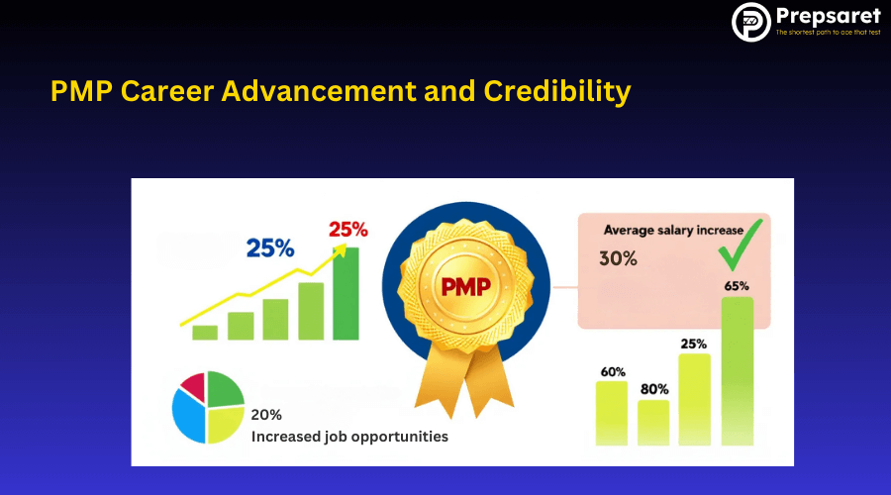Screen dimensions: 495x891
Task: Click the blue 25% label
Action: (270, 248)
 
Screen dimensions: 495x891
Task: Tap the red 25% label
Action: (347, 229)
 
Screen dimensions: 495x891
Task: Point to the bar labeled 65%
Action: (737, 371)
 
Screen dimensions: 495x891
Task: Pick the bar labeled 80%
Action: (653, 423)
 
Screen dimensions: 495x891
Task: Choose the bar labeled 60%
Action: (612, 413)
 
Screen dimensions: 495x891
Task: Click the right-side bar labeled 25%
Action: (694, 399)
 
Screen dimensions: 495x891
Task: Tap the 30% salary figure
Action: (618, 259)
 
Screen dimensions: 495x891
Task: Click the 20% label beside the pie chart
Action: (266, 415)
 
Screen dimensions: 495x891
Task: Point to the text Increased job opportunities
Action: (348, 436)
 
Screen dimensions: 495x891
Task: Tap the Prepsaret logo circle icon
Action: (751, 22)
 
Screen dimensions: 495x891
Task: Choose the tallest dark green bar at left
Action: (346, 294)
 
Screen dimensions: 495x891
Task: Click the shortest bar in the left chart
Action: (205, 333)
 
